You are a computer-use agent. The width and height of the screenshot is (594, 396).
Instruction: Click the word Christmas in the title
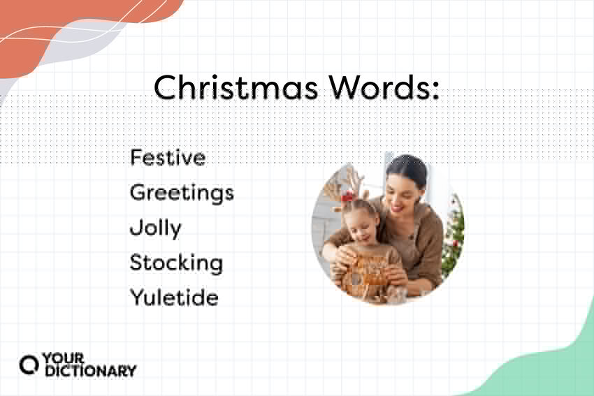(x=236, y=87)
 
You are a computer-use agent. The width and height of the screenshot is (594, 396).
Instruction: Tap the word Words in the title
(x=379, y=87)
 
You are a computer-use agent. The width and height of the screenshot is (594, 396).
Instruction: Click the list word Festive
(x=168, y=157)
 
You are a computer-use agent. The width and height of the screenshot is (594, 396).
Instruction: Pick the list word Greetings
(x=182, y=193)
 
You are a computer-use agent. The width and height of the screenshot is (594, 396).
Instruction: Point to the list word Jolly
(x=156, y=228)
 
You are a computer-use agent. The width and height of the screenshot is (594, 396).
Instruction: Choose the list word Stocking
(x=176, y=263)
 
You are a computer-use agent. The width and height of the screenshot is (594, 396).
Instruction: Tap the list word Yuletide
(x=174, y=298)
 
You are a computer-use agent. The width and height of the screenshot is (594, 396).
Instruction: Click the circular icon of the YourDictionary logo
(x=29, y=365)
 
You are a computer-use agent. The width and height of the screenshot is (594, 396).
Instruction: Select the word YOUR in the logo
(x=64, y=358)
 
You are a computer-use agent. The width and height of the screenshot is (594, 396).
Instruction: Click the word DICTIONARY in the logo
(x=91, y=371)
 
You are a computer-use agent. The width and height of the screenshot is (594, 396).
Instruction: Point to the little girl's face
(x=362, y=227)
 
